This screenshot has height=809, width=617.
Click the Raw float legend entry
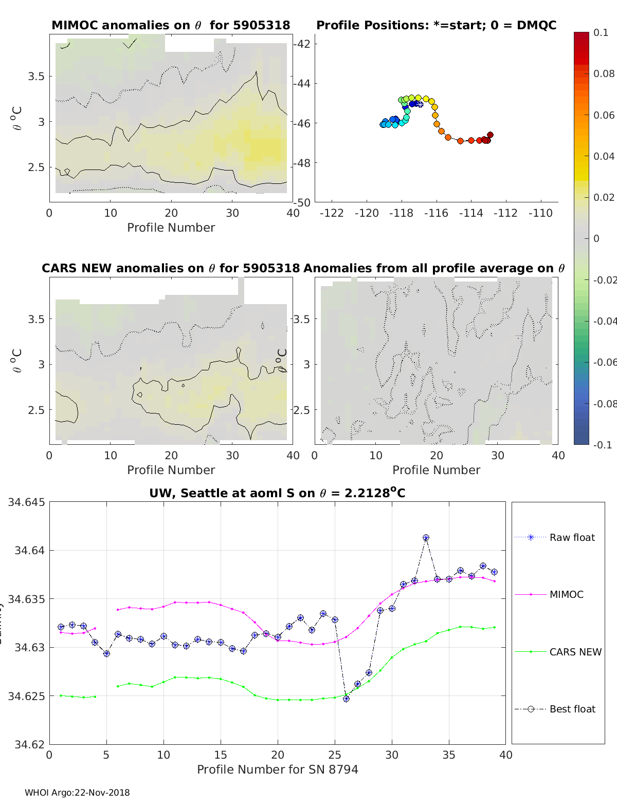click(572, 537)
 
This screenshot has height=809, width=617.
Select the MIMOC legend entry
click(566, 594)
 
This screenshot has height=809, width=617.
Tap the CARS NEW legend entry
click(575, 652)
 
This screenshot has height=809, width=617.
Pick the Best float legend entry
click(572, 709)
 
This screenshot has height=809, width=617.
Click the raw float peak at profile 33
click(426, 538)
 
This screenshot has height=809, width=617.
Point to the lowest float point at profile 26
click(346, 699)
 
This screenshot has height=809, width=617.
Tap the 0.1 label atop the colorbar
click(601, 32)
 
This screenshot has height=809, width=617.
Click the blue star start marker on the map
click(420, 104)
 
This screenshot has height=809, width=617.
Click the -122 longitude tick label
click(332, 213)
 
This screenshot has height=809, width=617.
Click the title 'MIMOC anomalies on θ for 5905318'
click(171, 25)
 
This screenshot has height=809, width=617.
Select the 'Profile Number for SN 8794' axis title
click(278, 769)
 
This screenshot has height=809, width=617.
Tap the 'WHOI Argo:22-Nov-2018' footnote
click(77, 793)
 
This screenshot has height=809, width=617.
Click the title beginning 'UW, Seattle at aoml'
click(277, 493)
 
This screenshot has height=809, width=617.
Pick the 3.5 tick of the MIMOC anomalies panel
click(37, 77)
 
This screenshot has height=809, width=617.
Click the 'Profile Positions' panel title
click(436, 25)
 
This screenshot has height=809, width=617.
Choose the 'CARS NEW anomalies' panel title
click(171, 268)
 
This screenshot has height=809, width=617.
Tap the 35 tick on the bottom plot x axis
click(449, 755)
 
